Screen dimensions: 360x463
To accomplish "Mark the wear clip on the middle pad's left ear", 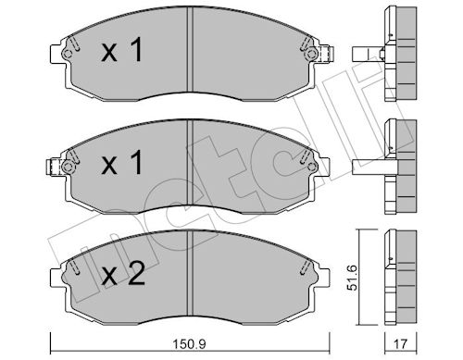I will click(x=63, y=168).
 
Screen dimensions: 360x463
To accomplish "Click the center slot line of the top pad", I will click(x=189, y=56).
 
